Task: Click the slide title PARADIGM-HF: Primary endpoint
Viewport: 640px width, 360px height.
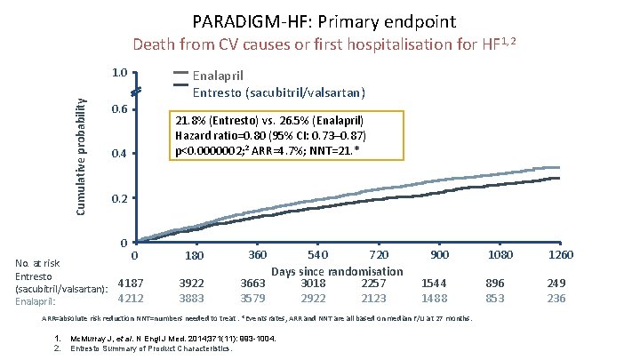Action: coord(319,20)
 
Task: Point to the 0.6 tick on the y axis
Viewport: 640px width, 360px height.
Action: coord(118,110)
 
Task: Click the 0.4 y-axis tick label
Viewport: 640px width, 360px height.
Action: coord(118,155)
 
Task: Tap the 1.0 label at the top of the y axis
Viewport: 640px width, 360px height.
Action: coord(118,74)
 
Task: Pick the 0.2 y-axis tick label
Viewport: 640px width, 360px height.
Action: coord(118,199)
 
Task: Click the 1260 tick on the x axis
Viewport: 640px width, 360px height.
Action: coord(561,256)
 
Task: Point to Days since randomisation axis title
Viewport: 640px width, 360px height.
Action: coord(337,270)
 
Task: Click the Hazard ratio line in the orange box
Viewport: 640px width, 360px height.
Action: coord(270,135)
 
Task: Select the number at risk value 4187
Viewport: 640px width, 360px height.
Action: coord(131,284)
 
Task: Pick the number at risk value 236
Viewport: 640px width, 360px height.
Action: coord(556,299)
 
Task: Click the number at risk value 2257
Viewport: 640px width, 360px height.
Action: coord(373,284)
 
